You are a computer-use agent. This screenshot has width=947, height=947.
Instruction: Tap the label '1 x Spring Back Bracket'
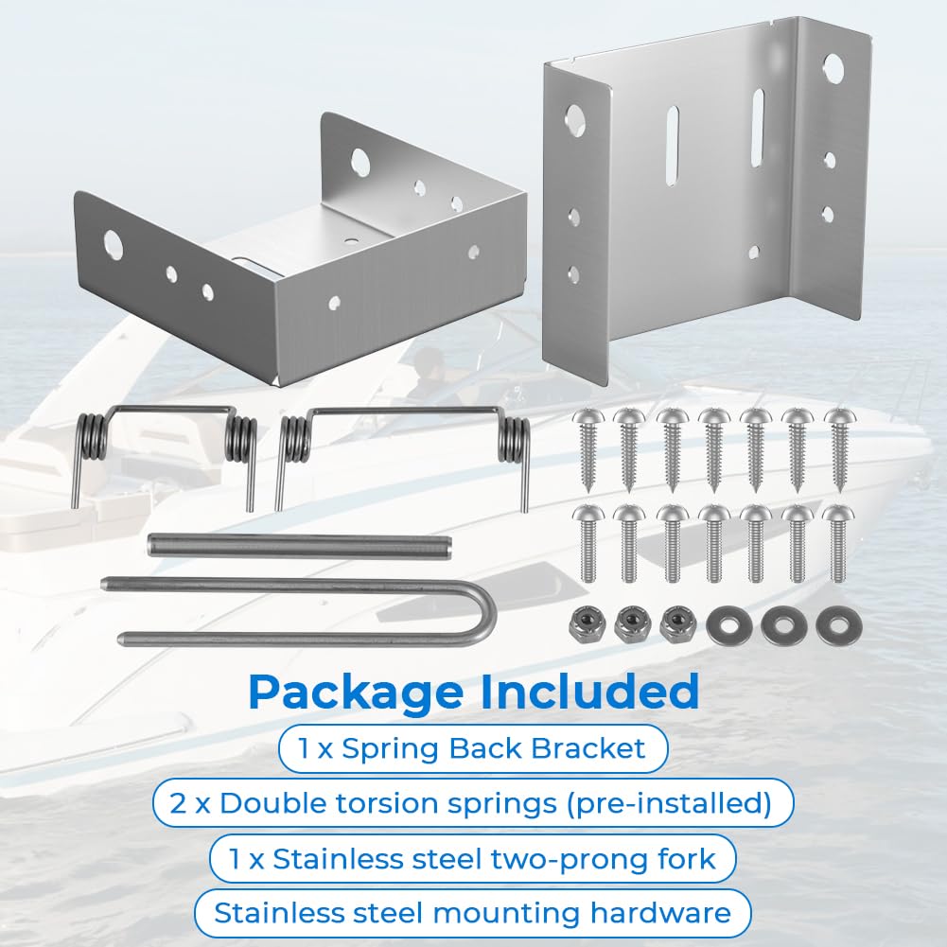click(472, 748)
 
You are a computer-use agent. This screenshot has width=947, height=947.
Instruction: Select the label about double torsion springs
click(472, 803)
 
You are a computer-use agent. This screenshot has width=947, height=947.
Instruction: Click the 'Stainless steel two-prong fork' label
click(472, 859)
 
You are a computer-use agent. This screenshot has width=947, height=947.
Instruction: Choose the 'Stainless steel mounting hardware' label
click(472, 913)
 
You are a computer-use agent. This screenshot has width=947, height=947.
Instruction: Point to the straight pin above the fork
click(300, 546)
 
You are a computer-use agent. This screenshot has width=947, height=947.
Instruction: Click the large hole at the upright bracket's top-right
click(833, 67)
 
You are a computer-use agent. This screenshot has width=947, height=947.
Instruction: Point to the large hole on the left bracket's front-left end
click(113, 244)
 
